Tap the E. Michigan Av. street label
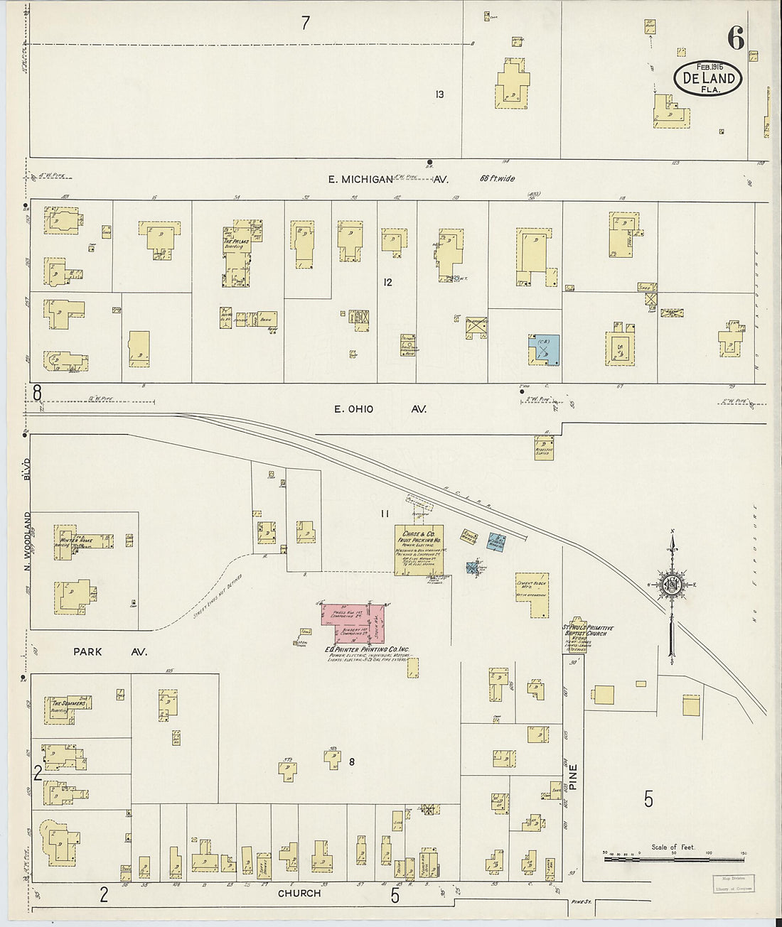[387, 180]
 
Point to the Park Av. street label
[110, 651]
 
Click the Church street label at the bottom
[299, 893]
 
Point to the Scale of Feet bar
[674, 859]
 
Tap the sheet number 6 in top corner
[735, 39]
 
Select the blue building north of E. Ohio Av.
[544, 349]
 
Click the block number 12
[387, 282]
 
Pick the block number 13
[439, 94]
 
